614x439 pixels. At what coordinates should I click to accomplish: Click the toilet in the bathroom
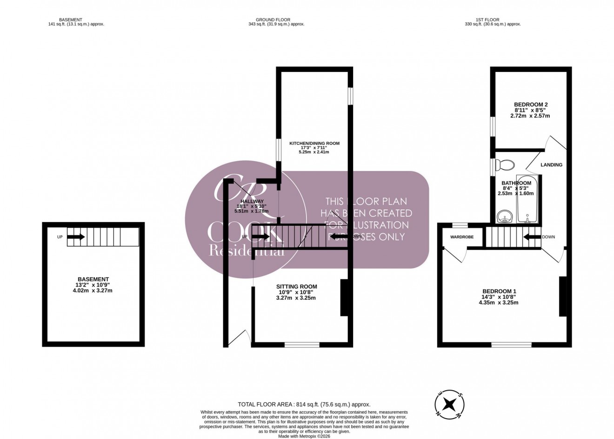[x=506, y=165]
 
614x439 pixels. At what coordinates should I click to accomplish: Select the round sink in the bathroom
[x=504, y=216]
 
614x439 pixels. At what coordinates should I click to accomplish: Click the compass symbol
[x=448, y=404]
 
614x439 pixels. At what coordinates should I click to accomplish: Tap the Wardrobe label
[x=461, y=237]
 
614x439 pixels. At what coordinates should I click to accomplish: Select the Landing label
[x=551, y=165]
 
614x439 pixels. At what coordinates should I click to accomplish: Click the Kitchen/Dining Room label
[x=314, y=144]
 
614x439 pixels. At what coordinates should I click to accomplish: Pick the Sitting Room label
[x=296, y=287]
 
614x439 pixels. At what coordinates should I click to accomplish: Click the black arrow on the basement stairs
[x=76, y=237]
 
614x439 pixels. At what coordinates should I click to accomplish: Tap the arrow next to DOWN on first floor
[x=532, y=237]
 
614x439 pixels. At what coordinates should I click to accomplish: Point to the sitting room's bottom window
[x=302, y=345]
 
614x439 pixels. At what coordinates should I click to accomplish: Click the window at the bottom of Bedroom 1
[x=512, y=345]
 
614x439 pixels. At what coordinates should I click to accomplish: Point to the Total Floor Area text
[x=304, y=405]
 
